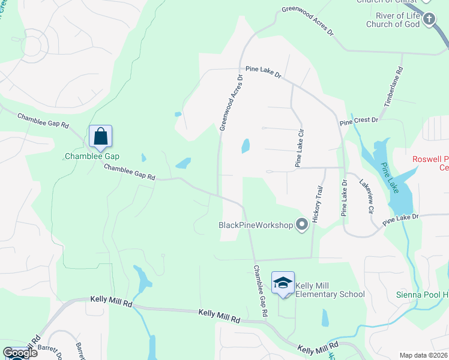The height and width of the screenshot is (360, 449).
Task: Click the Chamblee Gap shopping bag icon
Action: click(x=100, y=137)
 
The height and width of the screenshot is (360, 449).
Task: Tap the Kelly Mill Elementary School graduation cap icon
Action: click(x=283, y=283)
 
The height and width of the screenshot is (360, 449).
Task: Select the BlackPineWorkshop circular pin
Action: click(x=302, y=225)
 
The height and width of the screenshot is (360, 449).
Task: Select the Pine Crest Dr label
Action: click(x=359, y=121)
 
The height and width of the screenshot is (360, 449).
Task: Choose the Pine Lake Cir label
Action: click(x=298, y=148)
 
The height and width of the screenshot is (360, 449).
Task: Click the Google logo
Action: click(x=20, y=353)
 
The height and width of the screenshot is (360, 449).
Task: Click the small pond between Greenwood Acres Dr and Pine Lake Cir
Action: click(x=245, y=146)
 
